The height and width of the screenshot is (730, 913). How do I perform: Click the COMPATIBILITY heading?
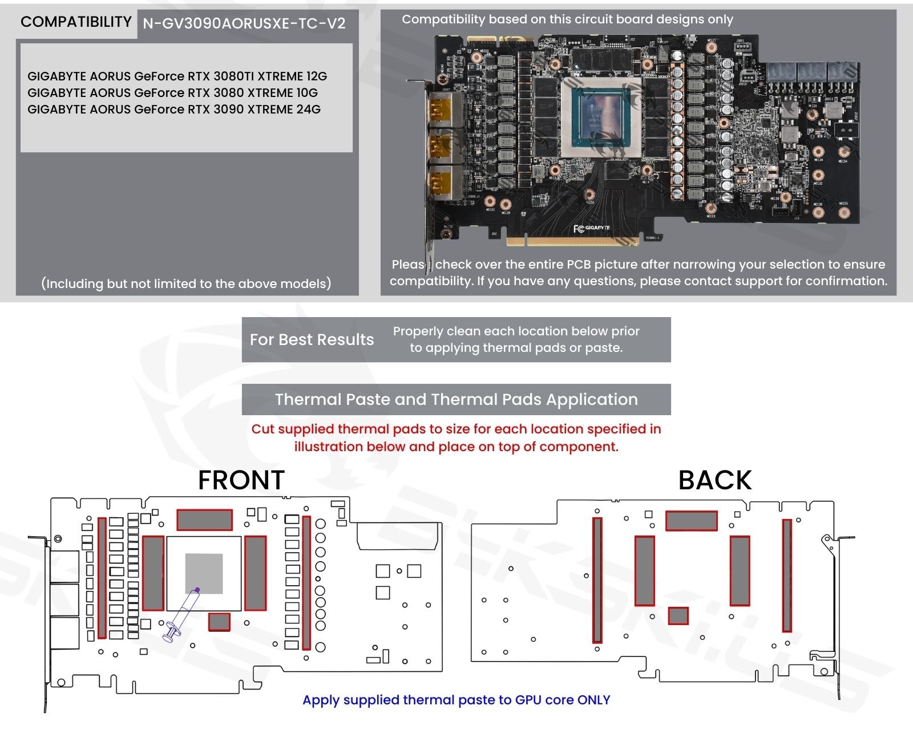[76, 22]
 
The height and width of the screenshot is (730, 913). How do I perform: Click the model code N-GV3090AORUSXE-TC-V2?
[244, 23]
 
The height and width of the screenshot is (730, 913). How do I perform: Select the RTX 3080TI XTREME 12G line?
[177, 76]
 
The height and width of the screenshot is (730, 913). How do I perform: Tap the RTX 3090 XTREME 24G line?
[173, 109]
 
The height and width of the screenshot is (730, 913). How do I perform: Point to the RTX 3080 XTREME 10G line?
[172, 93]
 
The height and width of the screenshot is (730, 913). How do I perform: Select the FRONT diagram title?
[241, 480]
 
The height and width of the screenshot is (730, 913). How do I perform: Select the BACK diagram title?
[715, 480]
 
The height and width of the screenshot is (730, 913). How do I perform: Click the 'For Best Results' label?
[312, 340]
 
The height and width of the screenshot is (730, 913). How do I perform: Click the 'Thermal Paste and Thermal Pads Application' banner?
[456, 399]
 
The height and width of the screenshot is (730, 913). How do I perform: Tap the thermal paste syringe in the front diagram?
[182, 615]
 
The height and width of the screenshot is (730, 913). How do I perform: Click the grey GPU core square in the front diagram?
[204, 573]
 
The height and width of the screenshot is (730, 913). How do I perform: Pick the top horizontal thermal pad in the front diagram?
[204, 520]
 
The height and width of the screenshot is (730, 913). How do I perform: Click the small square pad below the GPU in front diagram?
[219, 622]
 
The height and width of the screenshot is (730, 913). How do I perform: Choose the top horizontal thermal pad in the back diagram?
[691, 521]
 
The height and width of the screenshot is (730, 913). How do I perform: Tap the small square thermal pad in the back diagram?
[678, 616]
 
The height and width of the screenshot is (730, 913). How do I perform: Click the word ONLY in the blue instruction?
[593, 700]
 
